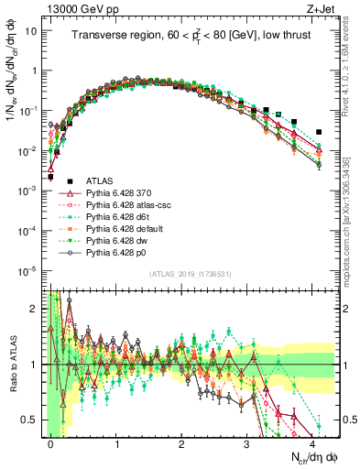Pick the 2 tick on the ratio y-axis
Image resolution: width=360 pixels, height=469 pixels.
pos(34,309)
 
